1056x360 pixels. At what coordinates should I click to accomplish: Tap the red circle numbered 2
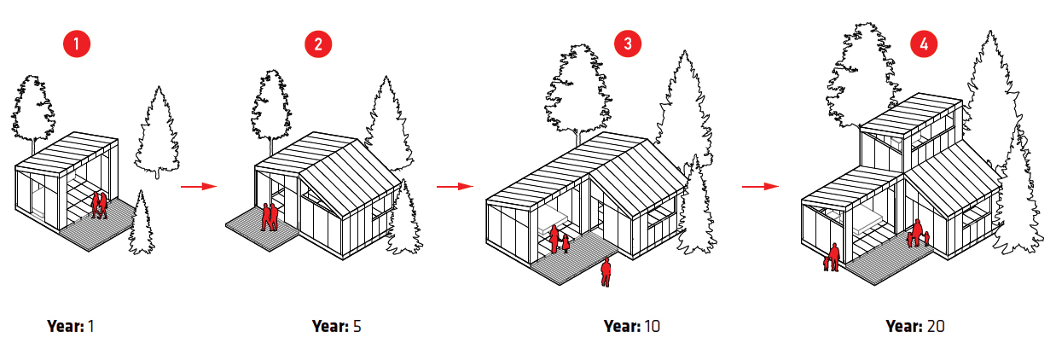pyautogui.click(x=317, y=45)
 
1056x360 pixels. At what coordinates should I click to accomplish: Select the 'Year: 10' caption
pyautogui.click(x=631, y=326)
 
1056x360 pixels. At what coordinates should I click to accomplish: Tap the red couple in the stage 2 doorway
pyautogui.click(x=269, y=217)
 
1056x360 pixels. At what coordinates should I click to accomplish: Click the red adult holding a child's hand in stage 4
pyautogui.click(x=832, y=257)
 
